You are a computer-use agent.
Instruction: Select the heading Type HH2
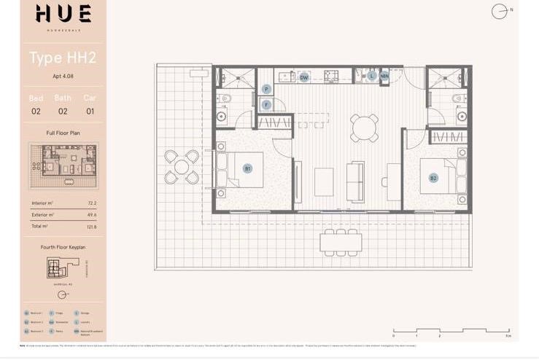(62, 58)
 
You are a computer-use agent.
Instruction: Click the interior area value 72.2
(92, 203)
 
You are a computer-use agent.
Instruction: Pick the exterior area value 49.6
(92, 215)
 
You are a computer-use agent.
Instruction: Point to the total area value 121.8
(91, 227)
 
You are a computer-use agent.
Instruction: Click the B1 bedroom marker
(248, 168)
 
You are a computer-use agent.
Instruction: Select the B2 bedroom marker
(433, 178)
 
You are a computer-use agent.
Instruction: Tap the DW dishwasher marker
(304, 77)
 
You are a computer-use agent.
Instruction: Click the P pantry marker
(267, 89)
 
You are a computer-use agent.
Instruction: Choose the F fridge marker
(267, 105)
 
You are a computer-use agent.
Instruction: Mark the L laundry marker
(371, 76)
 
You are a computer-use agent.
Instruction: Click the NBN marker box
(384, 76)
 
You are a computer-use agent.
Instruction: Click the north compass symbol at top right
(500, 11)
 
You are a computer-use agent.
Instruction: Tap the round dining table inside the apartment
(364, 128)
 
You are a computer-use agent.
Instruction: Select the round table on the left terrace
(182, 167)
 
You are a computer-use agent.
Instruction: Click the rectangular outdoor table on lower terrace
(341, 241)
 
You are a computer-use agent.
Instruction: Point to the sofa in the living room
(356, 181)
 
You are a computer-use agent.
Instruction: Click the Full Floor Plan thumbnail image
(63, 166)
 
